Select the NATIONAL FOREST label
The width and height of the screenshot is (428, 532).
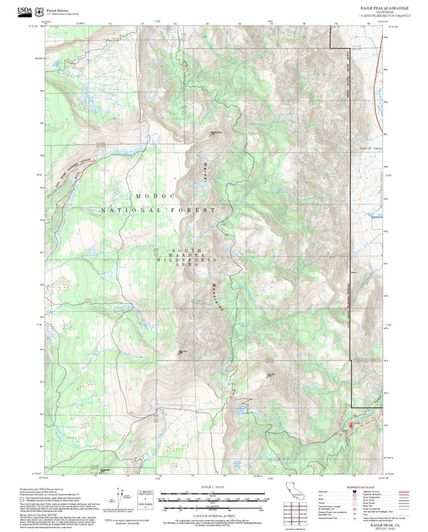[x=159, y=210]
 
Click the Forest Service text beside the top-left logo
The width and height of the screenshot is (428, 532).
[x=61, y=8]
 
